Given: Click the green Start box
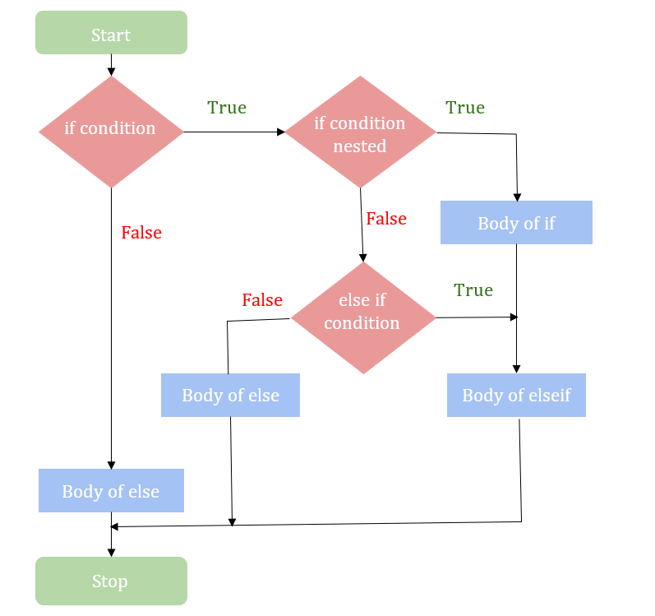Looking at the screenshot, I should click(111, 34).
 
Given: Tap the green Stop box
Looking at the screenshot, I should click(111, 581).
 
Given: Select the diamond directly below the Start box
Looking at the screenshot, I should click(111, 131).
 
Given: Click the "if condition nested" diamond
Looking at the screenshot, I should click(360, 132).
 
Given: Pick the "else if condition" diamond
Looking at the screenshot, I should click(362, 317).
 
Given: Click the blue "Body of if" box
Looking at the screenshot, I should click(516, 223).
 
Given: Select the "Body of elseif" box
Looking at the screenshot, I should click(516, 396).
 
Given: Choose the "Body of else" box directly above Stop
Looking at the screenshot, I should click(111, 492).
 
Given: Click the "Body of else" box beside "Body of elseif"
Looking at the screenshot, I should click(230, 396).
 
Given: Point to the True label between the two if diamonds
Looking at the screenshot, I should click(227, 108).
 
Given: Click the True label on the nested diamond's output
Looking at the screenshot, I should click(465, 108).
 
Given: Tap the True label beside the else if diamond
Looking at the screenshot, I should click(473, 290).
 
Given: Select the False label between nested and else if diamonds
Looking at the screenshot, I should click(386, 219).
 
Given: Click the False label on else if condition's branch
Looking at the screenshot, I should click(262, 300).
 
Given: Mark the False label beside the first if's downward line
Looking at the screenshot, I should click(141, 233).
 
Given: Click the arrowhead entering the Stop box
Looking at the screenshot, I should click(111, 552).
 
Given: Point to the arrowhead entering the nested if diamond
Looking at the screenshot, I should click(279, 132).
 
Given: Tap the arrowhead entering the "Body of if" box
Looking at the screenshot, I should click(517, 197).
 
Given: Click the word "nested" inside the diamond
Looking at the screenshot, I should click(360, 146).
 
